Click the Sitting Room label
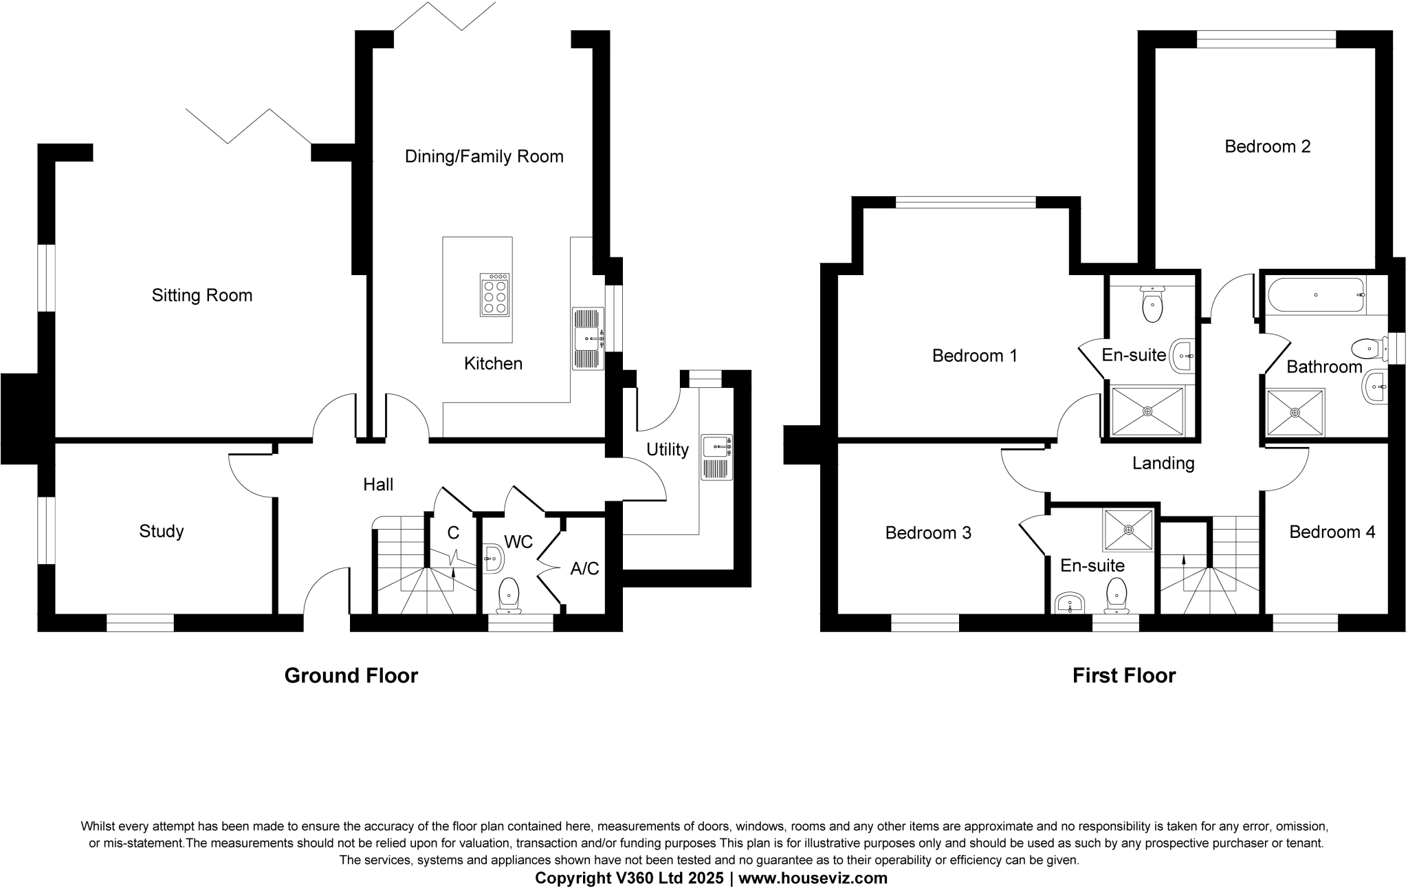(202, 296)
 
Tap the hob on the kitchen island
(495, 295)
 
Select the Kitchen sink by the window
(588, 338)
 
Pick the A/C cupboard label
(585, 569)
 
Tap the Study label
(162, 532)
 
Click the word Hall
(378, 485)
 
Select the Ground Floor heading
(351, 675)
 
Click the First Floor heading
(1124, 675)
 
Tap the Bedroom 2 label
(1268, 147)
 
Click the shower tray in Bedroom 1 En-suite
(1147, 411)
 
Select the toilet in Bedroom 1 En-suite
(1152, 305)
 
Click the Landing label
(1163, 464)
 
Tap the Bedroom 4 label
(1332, 532)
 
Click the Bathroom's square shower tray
(1295, 413)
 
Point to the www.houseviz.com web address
(813, 878)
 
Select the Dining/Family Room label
(484, 157)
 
